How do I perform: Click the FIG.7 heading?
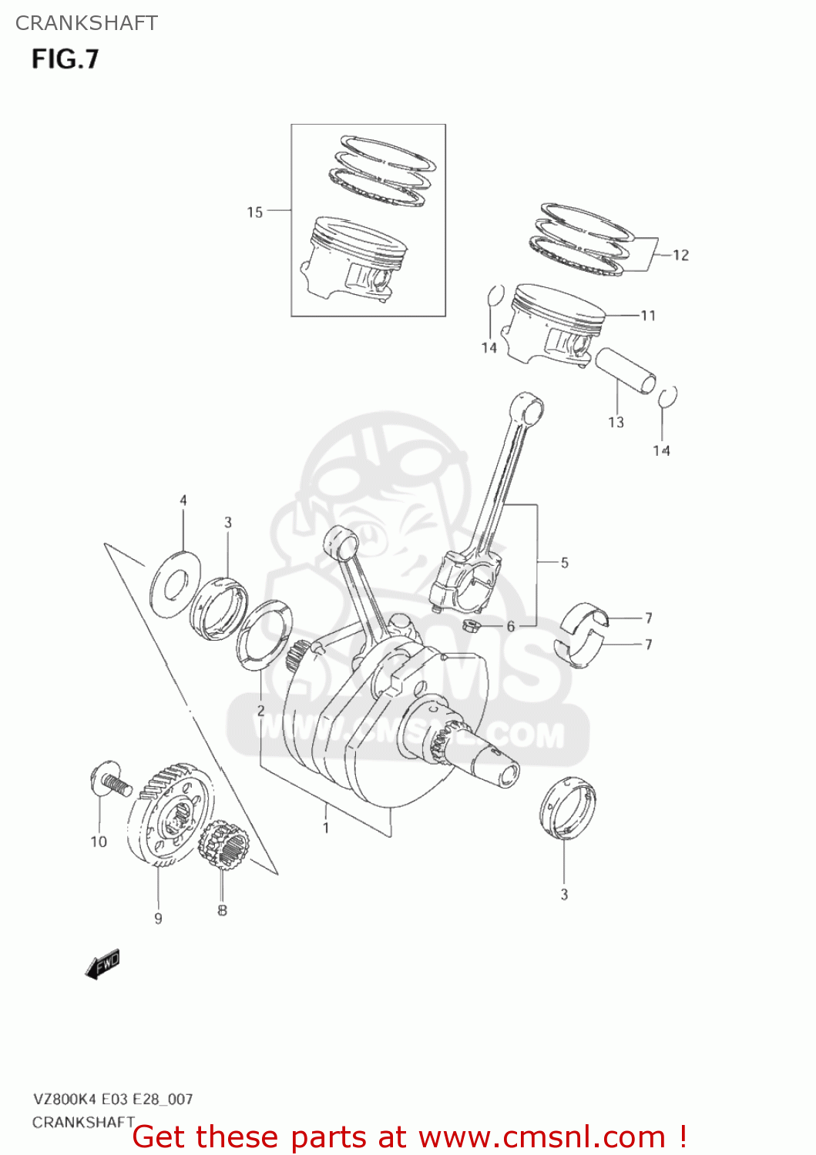pos(65,59)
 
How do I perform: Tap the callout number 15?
pos(255,213)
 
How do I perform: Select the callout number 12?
pos(680,256)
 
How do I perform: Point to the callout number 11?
pos(648,316)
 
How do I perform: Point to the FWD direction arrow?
pos(102,964)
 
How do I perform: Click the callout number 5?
pos(564,563)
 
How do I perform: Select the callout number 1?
pos(326,828)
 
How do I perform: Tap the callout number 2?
pos(260,710)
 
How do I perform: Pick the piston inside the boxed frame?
pos(354,258)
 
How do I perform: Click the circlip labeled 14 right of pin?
pos(668,397)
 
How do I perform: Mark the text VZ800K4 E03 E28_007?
pos(112,1100)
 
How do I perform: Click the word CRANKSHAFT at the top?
pos(86,23)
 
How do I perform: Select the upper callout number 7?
pos(648,618)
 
